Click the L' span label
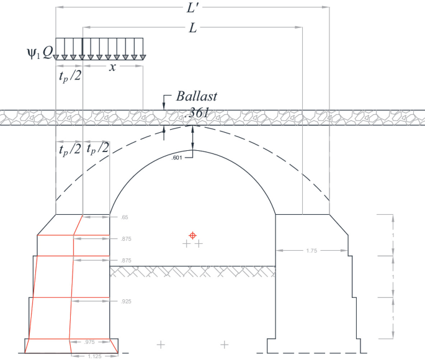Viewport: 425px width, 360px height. click(x=193, y=9)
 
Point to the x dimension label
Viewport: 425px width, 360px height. click(x=112, y=67)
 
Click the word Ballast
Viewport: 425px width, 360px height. click(x=197, y=97)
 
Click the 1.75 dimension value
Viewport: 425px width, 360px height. click(x=313, y=251)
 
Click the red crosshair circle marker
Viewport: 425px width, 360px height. click(x=193, y=235)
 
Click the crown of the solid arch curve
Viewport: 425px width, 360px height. click(x=193, y=151)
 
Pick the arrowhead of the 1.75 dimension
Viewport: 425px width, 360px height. click(x=279, y=251)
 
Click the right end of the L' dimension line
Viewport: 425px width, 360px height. click(x=328, y=8)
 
